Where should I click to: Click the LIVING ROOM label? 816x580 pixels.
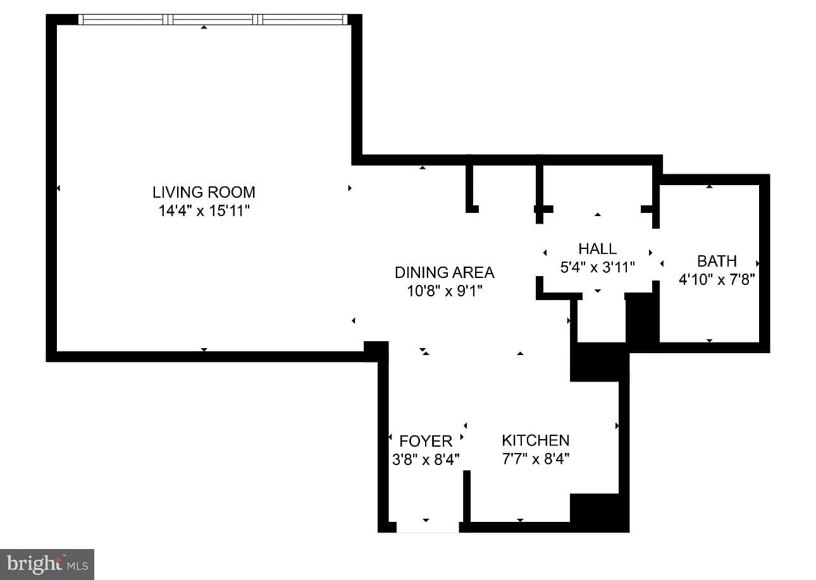click(204, 192)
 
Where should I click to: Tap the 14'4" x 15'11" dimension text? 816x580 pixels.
click(204, 210)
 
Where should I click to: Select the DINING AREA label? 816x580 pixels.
click(445, 272)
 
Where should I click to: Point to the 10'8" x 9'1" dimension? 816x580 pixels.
click(445, 291)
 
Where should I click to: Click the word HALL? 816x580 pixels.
click(597, 249)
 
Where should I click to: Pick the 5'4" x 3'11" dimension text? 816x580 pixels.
click(597, 267)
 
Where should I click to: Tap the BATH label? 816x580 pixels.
click(717, 262)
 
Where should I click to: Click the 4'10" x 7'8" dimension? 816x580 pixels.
click(717, 279)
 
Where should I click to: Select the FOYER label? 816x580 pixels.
click(426, 442)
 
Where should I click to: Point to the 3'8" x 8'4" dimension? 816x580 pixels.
click(426, 459)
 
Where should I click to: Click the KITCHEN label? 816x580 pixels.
click(536, 440)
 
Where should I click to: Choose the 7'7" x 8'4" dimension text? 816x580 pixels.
click(536, 459)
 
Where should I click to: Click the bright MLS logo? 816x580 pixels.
click(47, 564)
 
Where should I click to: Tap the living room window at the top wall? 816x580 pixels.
click(213, 20)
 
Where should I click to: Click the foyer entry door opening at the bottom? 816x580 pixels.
click(428, 527)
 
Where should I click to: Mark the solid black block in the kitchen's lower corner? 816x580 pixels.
click(599, 513)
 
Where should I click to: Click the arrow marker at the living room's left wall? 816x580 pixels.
click(58, 188)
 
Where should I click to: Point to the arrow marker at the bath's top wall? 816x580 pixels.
click(709, 186)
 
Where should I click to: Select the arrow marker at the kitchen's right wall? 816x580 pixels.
click(617, 426)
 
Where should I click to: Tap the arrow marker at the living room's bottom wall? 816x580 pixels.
click(204, 349)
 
